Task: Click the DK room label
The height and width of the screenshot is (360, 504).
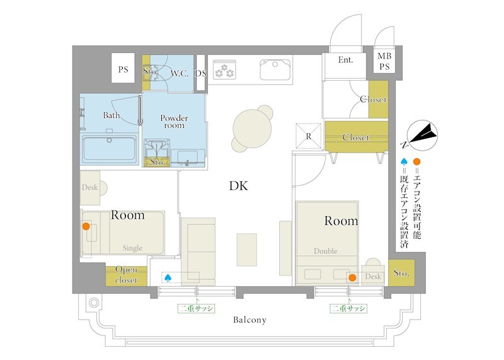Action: (x=239, y=185)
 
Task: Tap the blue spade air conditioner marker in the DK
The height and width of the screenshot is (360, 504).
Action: (x=168, y=277)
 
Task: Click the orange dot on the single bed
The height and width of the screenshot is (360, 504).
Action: (x=86, y=226)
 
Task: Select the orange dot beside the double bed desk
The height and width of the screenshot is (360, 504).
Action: (x=352, y=277)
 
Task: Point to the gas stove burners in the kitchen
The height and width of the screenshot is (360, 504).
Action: (x=224, y=70)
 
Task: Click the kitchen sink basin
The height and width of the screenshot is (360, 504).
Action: (x=275, y=69)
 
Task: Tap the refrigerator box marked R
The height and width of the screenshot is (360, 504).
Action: (x=309, y=136)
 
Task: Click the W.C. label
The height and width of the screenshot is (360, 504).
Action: (x=180, y=73)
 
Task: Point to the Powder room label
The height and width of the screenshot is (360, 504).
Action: (x=175, y=122)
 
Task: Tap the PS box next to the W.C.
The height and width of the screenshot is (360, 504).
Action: (x=123, y=69)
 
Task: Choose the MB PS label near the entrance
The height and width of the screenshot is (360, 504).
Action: (x=384, y=61)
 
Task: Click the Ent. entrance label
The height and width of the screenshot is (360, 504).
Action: (x=345, y=59)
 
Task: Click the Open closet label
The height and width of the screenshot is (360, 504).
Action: (x=127, y=274)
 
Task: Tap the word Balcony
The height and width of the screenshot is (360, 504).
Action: (x=249, y=320)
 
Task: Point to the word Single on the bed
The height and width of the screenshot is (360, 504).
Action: (x=132, y=248)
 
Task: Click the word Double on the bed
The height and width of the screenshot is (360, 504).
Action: (x=326, y=251)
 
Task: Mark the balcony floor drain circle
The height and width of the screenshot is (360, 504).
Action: (x=94, y=303)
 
